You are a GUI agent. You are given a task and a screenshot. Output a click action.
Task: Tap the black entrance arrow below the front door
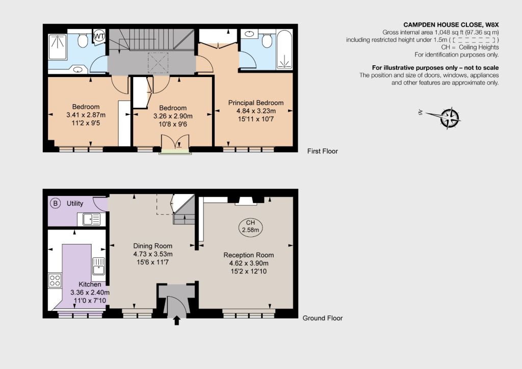click(177, 321)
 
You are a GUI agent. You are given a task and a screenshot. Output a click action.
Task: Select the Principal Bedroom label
click(256, 103)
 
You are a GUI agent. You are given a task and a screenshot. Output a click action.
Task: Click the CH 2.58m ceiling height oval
click(250, 226)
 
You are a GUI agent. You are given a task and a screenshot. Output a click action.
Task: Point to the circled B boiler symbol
click(56, 203)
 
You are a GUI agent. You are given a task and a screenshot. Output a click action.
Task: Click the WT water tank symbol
click(99, 36)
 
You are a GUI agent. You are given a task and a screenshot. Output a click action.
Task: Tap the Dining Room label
click(153, 245)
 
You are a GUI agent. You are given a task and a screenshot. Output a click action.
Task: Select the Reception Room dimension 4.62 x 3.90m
click(249, 263)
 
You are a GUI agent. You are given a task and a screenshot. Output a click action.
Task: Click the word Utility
click(75, 203)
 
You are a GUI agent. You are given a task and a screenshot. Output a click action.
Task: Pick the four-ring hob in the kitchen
click(55, 280)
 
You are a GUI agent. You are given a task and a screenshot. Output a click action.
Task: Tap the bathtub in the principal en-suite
click(284, 50)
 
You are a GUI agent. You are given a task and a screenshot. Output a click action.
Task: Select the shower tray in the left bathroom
click(58, 46)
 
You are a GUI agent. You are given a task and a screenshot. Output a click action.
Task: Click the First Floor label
click(322, 151)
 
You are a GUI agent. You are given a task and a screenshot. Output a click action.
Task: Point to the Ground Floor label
click(322, 318)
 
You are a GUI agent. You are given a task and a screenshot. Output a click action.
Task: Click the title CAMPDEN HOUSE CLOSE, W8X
click(451, 24)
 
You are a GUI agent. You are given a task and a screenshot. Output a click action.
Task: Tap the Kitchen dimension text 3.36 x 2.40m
click(90, 292)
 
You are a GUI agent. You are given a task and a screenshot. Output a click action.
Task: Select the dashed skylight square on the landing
click(158, 62)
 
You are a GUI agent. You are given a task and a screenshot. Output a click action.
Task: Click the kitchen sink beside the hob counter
click(98, 266)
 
